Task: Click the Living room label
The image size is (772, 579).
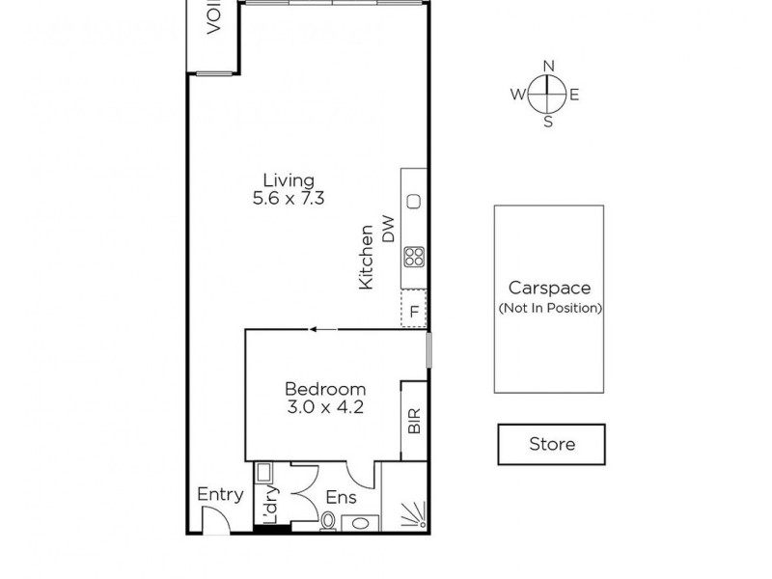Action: [x=289, y=179]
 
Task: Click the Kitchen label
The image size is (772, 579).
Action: [x=367, y=258]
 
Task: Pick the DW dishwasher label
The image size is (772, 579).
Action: [x=389, y=230]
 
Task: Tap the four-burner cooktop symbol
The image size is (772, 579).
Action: [x=414, y=257]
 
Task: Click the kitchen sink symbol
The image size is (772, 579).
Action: [x=414, y=201]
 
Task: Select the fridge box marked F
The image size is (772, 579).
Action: [x=414, y=311]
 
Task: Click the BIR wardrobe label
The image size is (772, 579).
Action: [x=414, y=423]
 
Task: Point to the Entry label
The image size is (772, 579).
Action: [x=220, y=494]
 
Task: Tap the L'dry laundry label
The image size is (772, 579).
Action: [x=272, y=503]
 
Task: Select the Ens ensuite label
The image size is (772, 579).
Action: [x=341, y=498]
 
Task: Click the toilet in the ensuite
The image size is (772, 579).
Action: [x=328, y=522]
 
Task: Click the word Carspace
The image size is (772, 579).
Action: [x=550, y=289]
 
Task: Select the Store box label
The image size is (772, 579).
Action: [x=551, y=444]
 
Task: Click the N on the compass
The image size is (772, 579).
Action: [x=548, y=66]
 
